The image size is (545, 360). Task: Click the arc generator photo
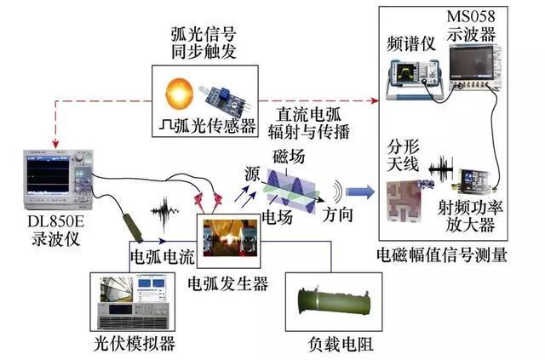[x=228, y=240]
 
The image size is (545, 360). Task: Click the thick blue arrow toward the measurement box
[x=359, y=192]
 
